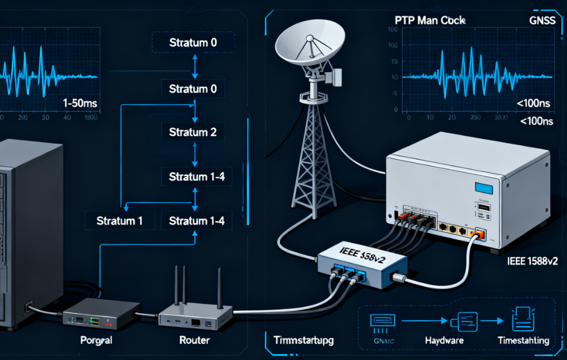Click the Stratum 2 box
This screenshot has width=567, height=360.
tap(193, 133)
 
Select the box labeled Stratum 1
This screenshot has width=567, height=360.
tap(120, 220)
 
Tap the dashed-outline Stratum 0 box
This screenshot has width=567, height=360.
tap(193, 42)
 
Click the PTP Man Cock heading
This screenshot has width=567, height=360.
tap(430, 19)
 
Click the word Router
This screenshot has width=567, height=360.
tap(195, 340)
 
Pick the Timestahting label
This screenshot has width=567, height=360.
tap(523, 340)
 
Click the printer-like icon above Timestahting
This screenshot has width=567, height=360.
tap(522, 318)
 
